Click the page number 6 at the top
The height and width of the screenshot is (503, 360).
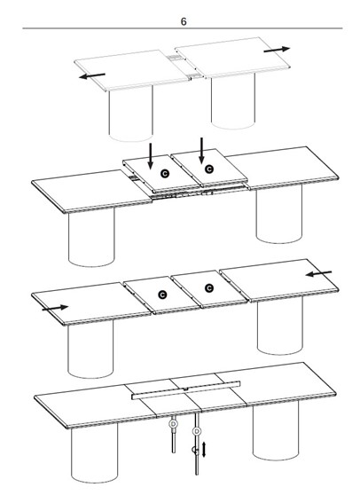[x=184, y=21]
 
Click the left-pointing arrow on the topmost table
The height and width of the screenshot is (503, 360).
[x=92, y=75]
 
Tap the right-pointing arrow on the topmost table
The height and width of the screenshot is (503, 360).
[x=277, y=50]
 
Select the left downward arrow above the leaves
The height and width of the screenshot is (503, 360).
[x=150, y=156]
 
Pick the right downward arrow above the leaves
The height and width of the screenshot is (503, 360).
[x=201, y=151]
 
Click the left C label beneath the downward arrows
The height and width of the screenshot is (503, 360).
[x=165, y=174]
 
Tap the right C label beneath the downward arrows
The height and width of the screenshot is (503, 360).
[x=209, y=169]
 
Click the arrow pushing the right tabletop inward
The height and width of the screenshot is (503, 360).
[x=318, y=273]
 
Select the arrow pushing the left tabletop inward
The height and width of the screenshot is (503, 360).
[x=55, y=308]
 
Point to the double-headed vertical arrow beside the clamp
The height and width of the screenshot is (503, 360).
[x=204, y=450]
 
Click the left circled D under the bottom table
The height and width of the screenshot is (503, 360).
[x=174, y=424]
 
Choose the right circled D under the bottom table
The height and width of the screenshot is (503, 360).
[x=197, y=431]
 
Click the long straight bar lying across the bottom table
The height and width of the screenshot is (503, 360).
[x=186, y=390]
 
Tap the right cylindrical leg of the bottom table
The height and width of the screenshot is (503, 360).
[x=276, y=430]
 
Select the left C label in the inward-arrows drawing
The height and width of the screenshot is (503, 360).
[x=162, y=295]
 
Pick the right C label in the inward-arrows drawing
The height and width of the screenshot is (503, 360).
[x=209, y=288]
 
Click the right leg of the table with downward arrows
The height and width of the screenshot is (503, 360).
[x=279, y=215]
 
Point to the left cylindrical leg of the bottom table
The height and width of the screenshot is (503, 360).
[x=94, y=454]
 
